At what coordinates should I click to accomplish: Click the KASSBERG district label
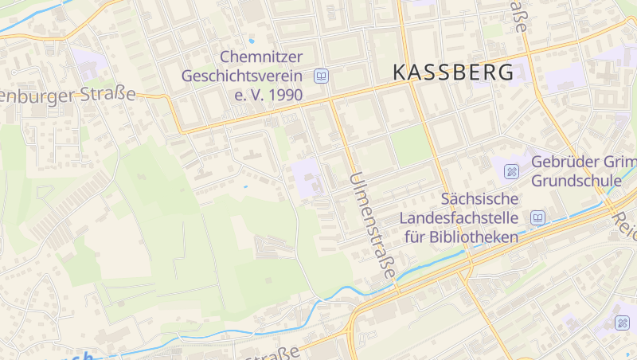click(x=454, y=72)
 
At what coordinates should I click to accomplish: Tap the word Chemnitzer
click(x=262, y=57)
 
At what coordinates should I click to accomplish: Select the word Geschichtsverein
click(x=243, y=76)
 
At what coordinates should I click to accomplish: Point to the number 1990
click(x=286, y=96)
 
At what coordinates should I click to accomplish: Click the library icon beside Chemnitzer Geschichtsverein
click(x=321, y=76)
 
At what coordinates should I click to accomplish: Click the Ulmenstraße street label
click(x=372, y=225)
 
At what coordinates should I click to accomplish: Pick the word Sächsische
click(x=480, y=198)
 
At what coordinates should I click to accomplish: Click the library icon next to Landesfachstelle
click(x=538, y=217)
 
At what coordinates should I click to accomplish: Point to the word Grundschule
click(x=576, y=181)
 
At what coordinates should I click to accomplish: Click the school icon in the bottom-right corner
click(x=621, y=323)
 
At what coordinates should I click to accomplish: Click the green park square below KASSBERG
click(x=410, y=146)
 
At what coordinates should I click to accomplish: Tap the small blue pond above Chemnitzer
click(x=252, y=40)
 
